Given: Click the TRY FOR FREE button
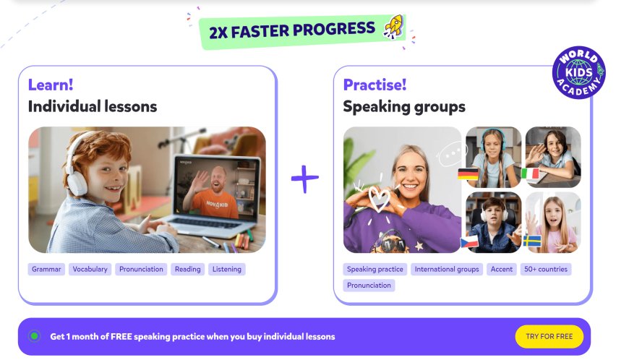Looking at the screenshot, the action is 549,336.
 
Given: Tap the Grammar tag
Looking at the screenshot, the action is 46,269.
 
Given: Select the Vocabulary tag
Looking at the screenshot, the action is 90,269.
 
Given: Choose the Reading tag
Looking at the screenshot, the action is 187,269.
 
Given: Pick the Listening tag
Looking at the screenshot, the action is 226,269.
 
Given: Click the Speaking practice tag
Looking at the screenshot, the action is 375,269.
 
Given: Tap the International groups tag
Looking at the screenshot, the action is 447,269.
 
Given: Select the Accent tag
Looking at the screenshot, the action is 502,269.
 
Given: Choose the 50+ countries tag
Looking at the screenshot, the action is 546,269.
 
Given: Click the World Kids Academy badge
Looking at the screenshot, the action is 579,72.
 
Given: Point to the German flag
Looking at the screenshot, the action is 468,174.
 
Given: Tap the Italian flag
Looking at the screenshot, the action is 530,174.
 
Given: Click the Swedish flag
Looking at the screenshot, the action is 532,241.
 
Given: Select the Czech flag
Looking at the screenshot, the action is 469,241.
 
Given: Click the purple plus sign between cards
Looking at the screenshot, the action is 305,179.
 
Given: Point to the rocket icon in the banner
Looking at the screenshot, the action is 393,27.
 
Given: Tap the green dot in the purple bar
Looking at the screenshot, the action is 35,336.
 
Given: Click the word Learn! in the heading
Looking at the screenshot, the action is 51,85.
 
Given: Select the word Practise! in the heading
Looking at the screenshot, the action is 375,85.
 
